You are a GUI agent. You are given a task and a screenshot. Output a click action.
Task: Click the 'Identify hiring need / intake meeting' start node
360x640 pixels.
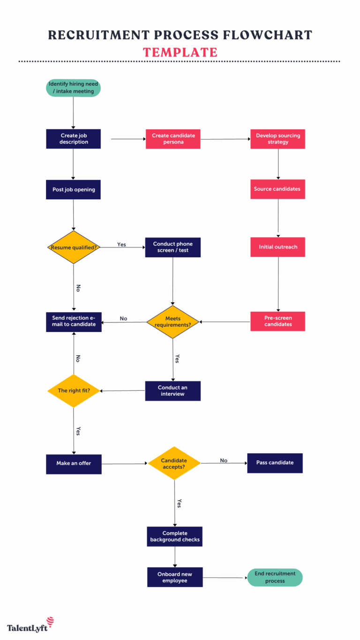coord(74,88)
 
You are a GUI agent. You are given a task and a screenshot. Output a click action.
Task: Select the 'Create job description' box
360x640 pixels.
coord(74,139)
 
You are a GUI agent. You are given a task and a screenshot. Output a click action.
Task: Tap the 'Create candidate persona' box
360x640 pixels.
coord(173,139)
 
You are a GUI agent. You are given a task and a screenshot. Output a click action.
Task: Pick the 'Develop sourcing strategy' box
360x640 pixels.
coord(278,139)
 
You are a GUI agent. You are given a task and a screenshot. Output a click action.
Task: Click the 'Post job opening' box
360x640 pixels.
coord(74,189)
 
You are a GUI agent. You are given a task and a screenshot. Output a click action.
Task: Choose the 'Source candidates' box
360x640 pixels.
coord(278,189)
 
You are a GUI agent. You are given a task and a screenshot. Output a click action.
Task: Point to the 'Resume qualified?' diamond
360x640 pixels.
coord(74,247)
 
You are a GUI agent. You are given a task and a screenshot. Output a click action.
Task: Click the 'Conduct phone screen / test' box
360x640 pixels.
coord(173,247)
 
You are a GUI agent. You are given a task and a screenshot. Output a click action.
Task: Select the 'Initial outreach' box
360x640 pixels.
coord(278,247)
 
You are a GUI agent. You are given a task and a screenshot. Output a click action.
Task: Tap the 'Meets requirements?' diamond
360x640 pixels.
coord(173,322)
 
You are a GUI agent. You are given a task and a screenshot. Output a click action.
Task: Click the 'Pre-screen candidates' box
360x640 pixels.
coord(278,321)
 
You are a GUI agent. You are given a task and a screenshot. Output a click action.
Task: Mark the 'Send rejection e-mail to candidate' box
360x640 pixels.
coord(74,322)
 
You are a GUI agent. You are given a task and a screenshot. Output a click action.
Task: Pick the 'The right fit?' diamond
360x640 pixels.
coord(74,391)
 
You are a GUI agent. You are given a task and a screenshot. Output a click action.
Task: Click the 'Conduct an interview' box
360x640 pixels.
coord(172,391)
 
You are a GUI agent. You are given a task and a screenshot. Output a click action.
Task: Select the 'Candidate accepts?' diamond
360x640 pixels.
coord(174,463)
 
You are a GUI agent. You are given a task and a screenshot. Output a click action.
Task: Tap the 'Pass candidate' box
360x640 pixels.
coord(275,463)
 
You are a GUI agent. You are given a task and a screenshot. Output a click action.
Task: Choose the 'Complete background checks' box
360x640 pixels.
coord(175,536)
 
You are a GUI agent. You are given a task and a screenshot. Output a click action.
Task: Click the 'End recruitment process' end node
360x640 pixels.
coord(275,577)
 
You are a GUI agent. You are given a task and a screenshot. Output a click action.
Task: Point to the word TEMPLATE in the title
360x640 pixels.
coord(180,52)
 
